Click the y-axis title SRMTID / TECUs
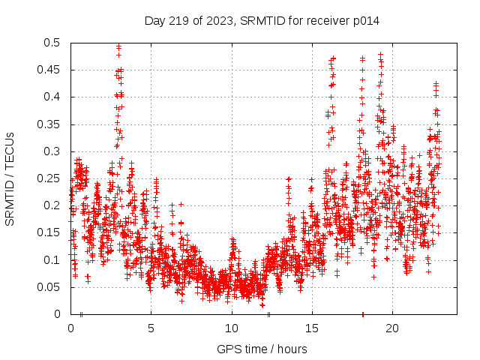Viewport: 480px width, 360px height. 10,178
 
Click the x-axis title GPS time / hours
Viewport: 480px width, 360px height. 262,349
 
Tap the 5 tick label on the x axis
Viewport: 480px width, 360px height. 151,328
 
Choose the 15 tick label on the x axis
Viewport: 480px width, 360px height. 311,328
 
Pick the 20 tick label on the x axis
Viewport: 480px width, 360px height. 391,328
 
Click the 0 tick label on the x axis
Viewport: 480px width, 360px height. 70,328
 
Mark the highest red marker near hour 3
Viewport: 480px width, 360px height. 118,46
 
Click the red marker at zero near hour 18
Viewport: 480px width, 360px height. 363,313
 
